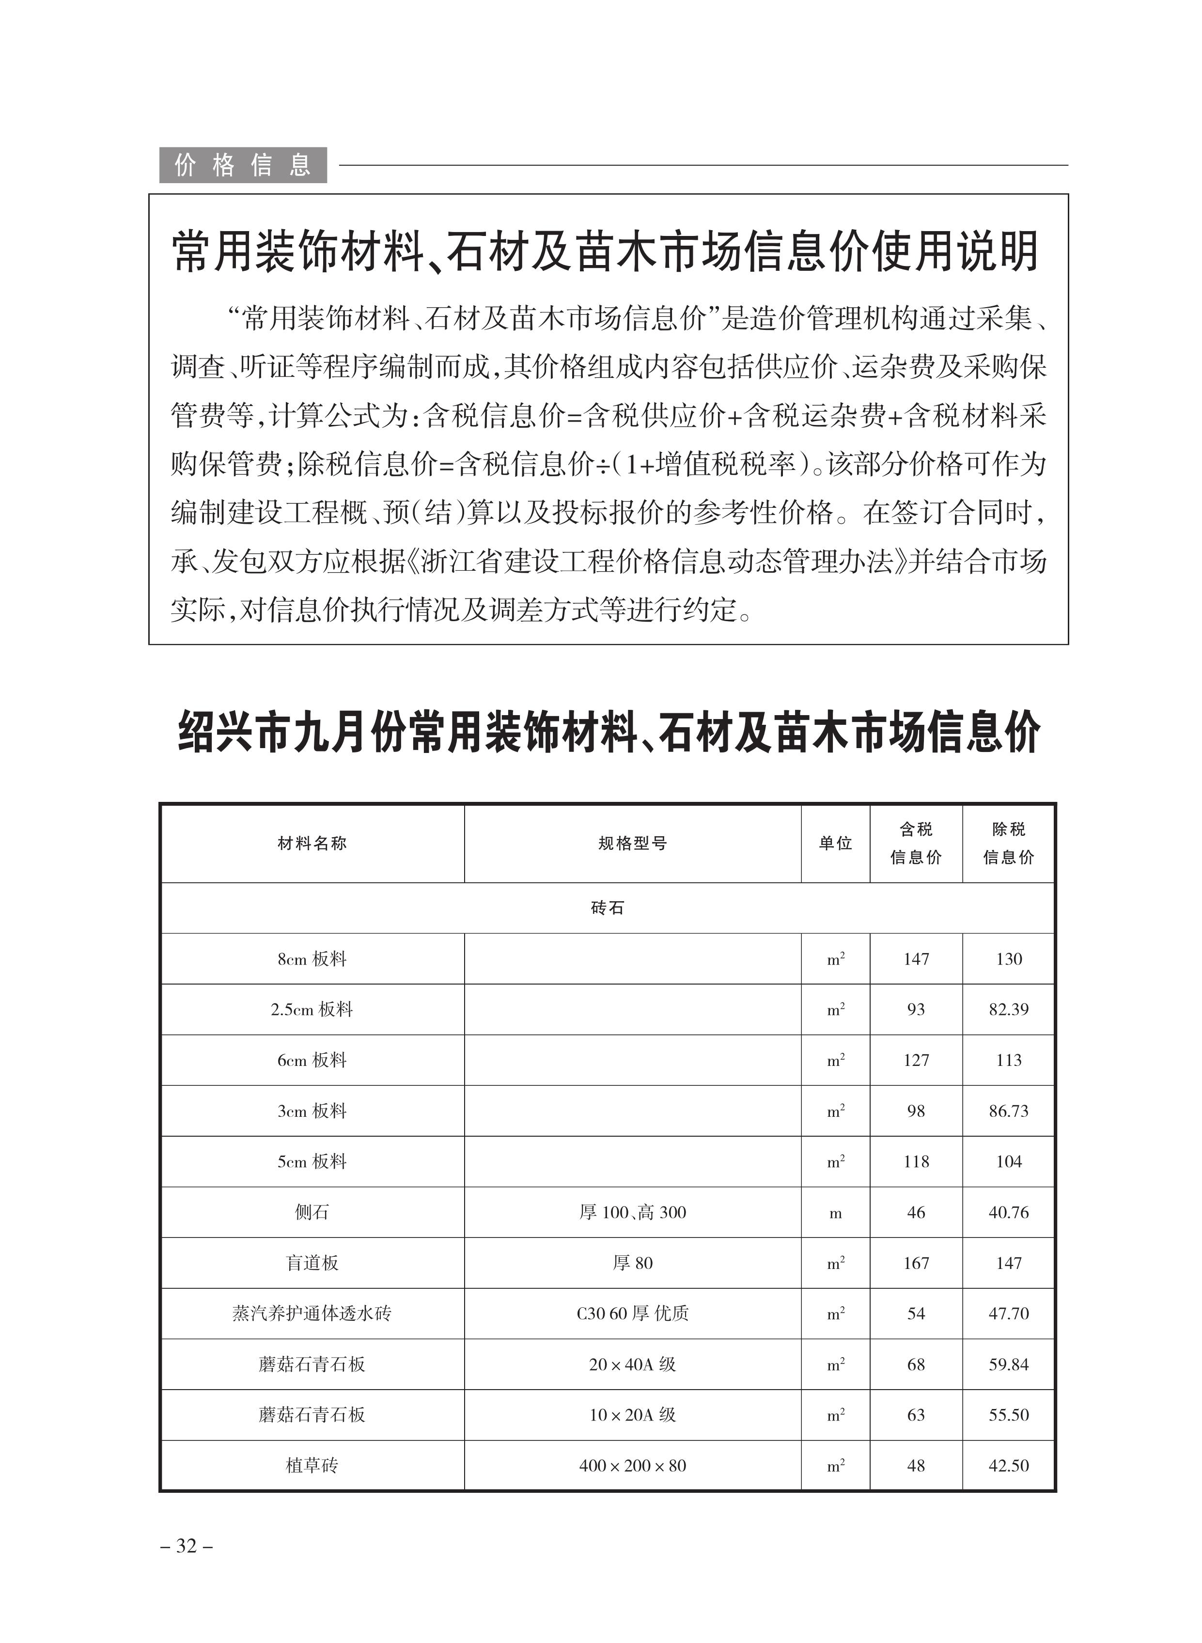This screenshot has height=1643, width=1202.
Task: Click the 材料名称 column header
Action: click(x=312, y=844)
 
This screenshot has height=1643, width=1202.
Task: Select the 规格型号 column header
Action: click(x=632, y=844)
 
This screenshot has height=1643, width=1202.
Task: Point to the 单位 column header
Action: click(x=835, y=844)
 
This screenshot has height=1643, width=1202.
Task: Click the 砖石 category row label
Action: click(x=608, y=908)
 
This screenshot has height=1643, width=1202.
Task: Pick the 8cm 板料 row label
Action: click(x=312, y=959)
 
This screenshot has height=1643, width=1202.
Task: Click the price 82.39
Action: click(x=1009, y=1009)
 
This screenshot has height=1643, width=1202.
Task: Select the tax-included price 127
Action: click(x=916, y=1060)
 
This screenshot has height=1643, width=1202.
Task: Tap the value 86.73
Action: click(x=1009, y=1111)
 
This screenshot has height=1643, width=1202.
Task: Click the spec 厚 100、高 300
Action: click(x=632, y=1212)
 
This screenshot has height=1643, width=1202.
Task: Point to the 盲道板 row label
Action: click(x=312, y=1263)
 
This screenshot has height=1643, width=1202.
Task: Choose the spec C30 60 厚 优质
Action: click(x=632, y=1314)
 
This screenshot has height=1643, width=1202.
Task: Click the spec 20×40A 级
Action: click(x=632, y=1364)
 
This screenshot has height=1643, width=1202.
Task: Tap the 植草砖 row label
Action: click(x=312, y=1466)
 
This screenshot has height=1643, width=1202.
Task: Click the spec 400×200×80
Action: click(x=632, y=1466)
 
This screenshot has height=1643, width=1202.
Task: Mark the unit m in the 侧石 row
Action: click(x=835, y=1213)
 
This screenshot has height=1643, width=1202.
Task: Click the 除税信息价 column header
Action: click(x=1009, y=844)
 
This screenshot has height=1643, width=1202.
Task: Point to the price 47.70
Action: click(x=1009, y=1314)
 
